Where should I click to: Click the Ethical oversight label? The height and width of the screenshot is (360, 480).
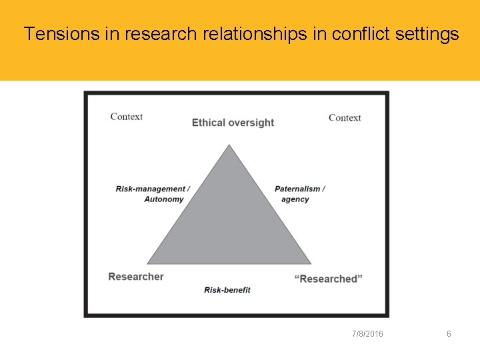point(233,123)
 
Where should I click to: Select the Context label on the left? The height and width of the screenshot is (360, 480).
point(126,117)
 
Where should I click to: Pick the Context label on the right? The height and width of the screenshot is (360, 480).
point(345,118)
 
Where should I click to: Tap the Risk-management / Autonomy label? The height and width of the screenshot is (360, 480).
point(153,194)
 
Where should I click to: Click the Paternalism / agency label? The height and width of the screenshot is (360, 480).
point(299,194)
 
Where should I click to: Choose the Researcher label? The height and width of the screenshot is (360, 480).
point(136,277)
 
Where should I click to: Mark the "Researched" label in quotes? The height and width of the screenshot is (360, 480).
point(328,279)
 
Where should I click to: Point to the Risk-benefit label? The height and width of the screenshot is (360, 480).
point(227,290)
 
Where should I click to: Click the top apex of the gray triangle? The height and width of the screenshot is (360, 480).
point(229,146)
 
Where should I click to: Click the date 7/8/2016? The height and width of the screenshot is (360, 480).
point(367,333)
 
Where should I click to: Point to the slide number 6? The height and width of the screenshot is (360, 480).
point(449,333)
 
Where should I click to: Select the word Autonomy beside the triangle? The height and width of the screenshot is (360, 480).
point(163,199)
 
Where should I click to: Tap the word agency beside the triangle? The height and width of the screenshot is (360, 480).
point(295,199)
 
